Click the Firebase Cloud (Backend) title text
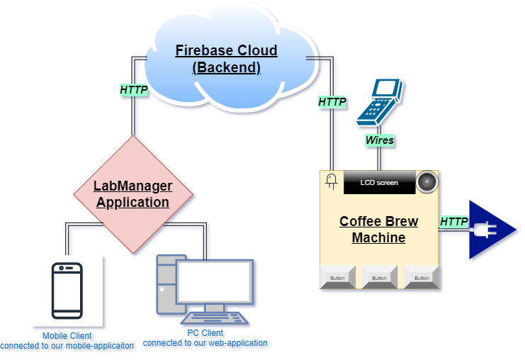[226, 59]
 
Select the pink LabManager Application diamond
[133, 193]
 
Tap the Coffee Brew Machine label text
[378, 229]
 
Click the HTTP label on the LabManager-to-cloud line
[133, 90]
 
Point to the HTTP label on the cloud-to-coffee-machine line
[332, 102]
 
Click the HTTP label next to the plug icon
[453, 222]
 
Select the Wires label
[379, 140]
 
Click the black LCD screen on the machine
[379, 182]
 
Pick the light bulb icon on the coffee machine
[331, 181]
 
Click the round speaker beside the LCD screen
[427, 182]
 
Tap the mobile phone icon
[67, 291]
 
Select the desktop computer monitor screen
[215, 281]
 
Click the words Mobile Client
[67, 336]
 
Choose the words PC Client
[205, 333]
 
